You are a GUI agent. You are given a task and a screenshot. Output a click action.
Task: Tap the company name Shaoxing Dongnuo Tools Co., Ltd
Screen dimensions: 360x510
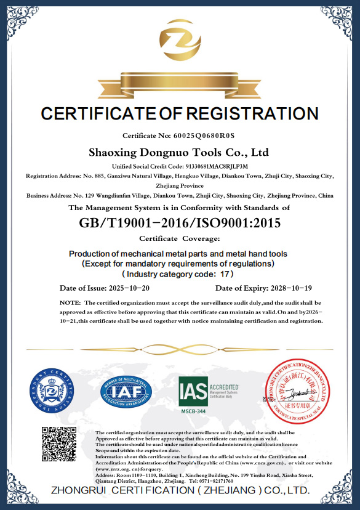tap(179, 152)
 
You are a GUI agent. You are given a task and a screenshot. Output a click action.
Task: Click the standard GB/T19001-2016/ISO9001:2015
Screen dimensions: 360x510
tap(180, 223)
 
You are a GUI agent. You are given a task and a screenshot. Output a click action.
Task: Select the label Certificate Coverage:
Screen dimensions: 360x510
tap(180, 238)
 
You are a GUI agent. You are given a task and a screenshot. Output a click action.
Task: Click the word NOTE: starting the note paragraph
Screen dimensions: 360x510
tap(70, 303)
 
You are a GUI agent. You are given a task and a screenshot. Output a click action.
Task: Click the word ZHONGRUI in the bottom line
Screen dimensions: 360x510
tap(79, 491)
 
